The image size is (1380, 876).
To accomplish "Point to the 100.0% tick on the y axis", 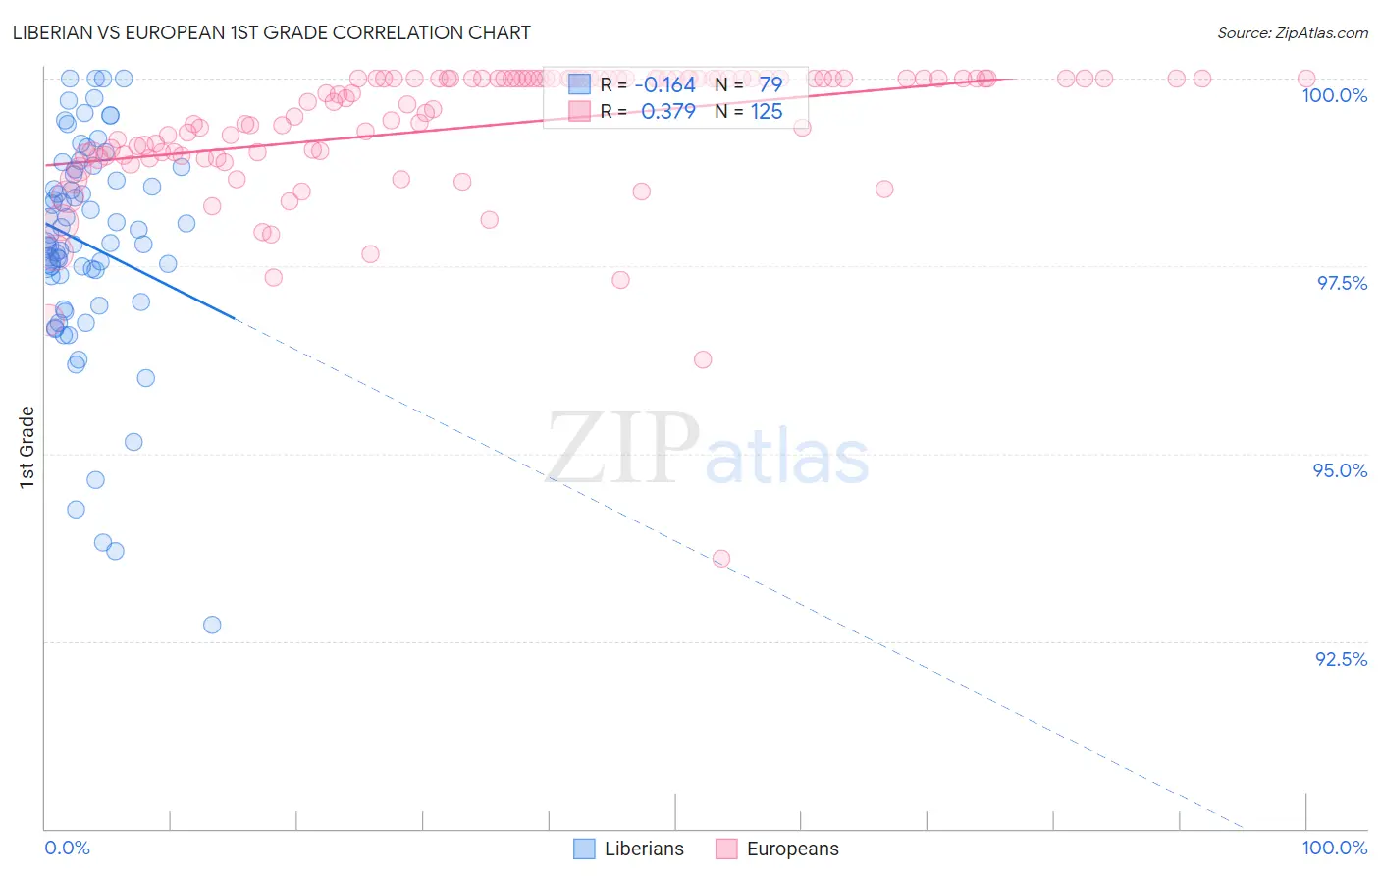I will coord(1334,95).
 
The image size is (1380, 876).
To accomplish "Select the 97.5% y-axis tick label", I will coord(1342,283).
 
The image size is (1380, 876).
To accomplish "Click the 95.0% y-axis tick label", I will coord(1340,470).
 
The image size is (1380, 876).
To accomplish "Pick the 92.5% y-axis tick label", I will coord(1341,659).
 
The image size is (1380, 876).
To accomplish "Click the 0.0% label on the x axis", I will coord(67,848).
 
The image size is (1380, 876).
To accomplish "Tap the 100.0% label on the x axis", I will coord(1334,848).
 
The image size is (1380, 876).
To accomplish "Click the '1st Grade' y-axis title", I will coord(27,447).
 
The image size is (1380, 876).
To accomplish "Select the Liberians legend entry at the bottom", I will coord(628,849).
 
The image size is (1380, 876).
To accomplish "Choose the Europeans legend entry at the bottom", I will coord(777,849).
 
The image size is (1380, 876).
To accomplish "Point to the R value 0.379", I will coord(667,112).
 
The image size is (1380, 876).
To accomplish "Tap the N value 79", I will coord(770,85).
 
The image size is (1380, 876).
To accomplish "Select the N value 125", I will coord(767,112).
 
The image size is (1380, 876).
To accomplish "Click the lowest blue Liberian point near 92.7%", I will coord(212,625).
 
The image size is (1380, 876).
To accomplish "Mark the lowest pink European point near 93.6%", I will coord(721,558).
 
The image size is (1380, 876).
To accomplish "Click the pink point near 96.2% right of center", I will coord(703,359).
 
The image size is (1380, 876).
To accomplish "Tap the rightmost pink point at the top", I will coord(1306,79).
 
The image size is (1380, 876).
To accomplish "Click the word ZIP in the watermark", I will coord(622,449).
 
